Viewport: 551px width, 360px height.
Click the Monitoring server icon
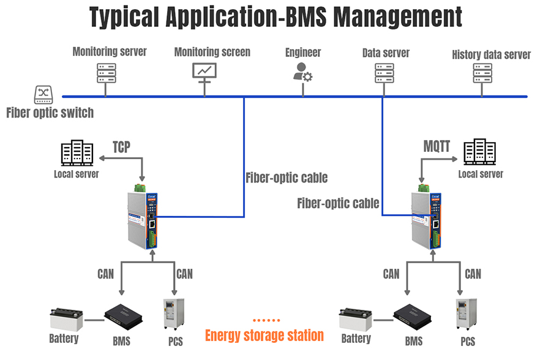[106, 73]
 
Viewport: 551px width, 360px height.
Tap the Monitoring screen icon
[204, 72]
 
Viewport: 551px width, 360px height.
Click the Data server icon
[384, 73]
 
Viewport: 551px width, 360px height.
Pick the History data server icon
[482, 73]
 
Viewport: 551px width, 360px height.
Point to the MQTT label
[437, 147]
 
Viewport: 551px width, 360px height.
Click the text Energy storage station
[264, 336]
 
